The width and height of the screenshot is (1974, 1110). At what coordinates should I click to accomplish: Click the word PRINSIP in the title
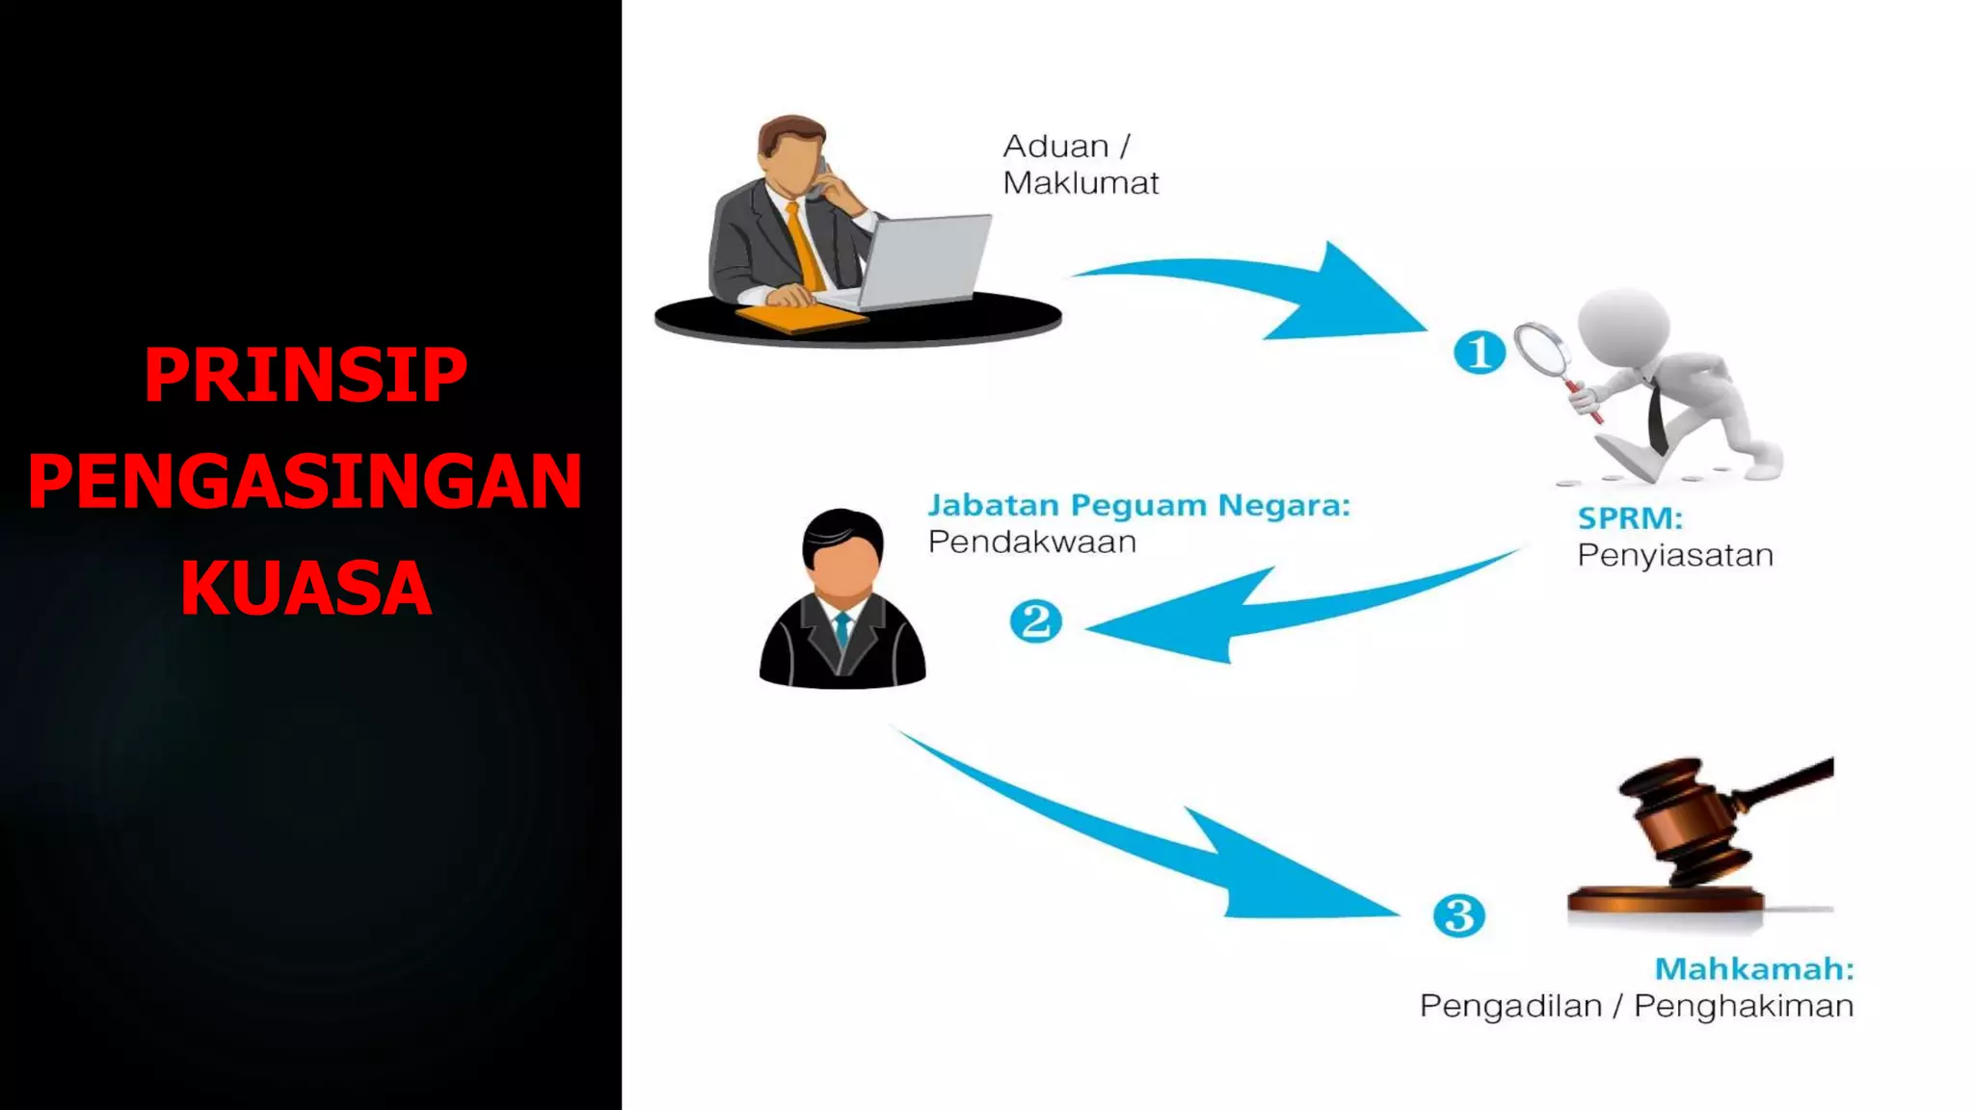pyautogui.click(x=306, y=376)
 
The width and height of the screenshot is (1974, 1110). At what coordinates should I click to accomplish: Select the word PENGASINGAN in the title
pyautogui.click(x=306, y=482)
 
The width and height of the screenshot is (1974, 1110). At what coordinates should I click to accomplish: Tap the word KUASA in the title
pyautogui.click(x=306, y=588)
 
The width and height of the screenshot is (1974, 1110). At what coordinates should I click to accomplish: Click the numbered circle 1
pyautogui.click(x=1479, y=352)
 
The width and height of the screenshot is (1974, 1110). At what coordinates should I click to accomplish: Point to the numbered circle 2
pyautogui.click(x=1035, y=621)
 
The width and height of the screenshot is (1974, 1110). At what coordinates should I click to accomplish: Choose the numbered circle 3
pyautogui.click(x=1458, y=915)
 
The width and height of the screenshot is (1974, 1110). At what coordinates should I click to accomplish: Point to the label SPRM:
pyautogui.click(x=1630, y=518)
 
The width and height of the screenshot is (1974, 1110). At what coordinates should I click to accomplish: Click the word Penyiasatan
pyautogui.click(x=1675, y=556)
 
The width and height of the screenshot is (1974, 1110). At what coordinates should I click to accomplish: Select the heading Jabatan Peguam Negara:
pyautogui.click(x=1138, y=505)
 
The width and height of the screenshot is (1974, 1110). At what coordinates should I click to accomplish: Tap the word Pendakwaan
pyautogui.click(x=1031, y=542)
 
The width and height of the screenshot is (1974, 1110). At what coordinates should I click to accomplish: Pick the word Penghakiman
pyautogui.click(x=1744, y=1006)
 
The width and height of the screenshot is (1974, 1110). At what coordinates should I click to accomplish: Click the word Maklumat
pyautogui.click(x=1080, y=183)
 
